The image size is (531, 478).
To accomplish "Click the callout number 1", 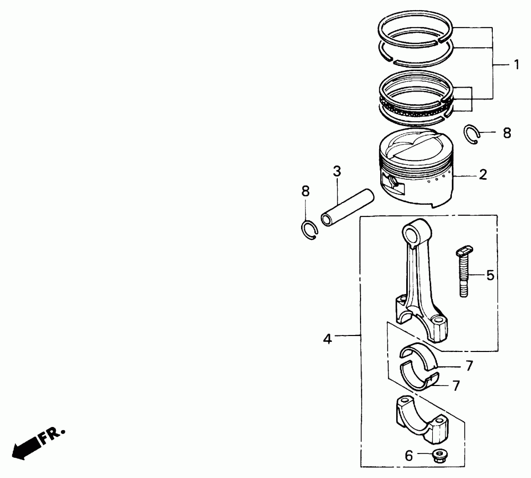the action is pyautogui.click(x=516, y=64).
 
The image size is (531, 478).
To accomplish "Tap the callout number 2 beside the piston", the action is pyautogui.click(x=483, y=174).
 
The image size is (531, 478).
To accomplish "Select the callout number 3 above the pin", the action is pyautogui.click(x=337, y=172).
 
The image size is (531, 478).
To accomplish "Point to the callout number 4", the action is pyautogui.click(x=327, y=339).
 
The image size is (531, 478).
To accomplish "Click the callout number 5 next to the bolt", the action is pyautogui.click(x=490, y=275).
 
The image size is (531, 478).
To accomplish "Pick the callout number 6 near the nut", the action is pyautogui.click(x=409, y=456).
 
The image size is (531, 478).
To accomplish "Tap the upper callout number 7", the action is pyautogui.click(x=469, y=366).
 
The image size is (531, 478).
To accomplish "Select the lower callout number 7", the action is pyautogui.click(x=457, y=385).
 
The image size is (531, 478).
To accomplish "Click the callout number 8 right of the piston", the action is pyautogui.click(x=507, y=133).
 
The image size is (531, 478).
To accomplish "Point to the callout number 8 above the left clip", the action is pyautogui.click(x=305, y=191).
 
